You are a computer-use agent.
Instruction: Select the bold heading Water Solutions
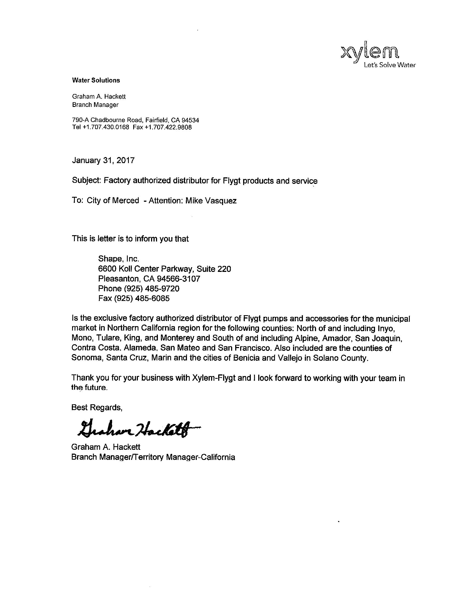[x=96, y=80]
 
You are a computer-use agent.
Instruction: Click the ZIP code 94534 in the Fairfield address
[x=190, y=120]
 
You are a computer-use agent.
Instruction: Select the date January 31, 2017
[x=103, y=160]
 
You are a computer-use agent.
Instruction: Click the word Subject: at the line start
[x=86, y=181]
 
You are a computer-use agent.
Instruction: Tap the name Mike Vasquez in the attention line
[x=211, y=200]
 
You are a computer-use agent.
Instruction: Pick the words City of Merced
[x=113, y=200]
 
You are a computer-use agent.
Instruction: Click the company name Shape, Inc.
[x=118, y=259]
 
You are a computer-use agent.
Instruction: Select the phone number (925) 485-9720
[x=152, y=289]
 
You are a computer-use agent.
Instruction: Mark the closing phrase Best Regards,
[x=96, y=408]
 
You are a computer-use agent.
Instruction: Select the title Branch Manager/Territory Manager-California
[x=153, y=457]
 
